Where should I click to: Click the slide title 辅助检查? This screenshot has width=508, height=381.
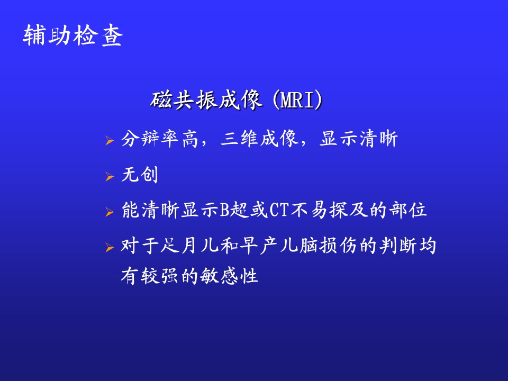pos(72,35)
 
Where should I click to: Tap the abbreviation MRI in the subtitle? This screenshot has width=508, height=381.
pos(297,100)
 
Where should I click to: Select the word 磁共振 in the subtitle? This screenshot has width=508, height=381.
pos(184,99)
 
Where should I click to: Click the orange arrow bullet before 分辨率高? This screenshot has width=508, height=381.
pos(110,141)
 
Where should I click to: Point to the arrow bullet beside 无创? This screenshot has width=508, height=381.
pos(110,177)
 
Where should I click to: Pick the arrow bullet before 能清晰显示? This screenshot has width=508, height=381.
pos(110,212)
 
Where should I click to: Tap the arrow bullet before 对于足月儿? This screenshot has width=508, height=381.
pos(110,248)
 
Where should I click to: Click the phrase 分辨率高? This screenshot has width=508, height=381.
pos(159,139)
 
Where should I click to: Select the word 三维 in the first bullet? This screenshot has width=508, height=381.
pos(239,139)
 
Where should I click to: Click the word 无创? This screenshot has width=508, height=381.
pos(140,175)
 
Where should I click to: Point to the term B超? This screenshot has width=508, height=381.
pos(234,210)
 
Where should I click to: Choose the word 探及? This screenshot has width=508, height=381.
pos(349,210)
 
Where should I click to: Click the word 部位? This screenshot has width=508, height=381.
pos(408,210)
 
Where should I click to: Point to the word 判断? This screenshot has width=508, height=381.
pos(398,246)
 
